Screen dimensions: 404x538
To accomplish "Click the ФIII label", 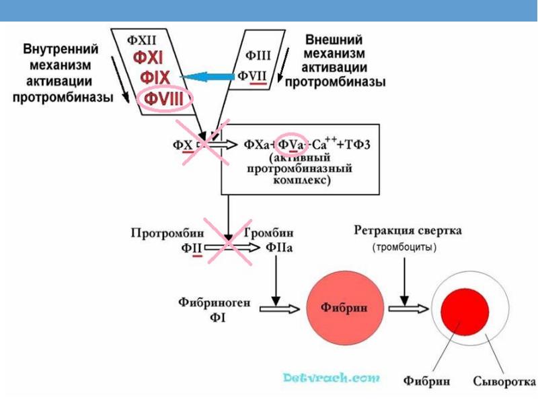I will (258, 56).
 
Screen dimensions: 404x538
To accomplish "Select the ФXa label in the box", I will (256, 144).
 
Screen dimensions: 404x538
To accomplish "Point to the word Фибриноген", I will (215, 303).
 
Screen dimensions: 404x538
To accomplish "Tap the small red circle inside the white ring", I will (463, 308).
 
